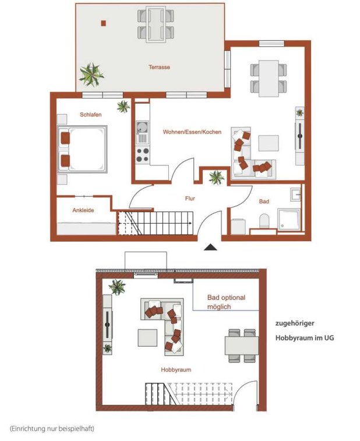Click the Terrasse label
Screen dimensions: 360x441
(159, 67)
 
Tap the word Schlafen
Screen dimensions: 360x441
(90, 115)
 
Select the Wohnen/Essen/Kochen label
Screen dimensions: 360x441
(192, 132)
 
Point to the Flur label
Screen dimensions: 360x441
(190, 199)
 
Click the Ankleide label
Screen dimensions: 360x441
(83, 210)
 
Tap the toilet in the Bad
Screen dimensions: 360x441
(264, 221)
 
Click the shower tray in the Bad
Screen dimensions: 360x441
(289, 220)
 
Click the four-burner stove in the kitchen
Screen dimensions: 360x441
(142, 155)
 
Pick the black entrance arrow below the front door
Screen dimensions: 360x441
(210, 247)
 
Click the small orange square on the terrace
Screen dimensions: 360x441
(104, 23)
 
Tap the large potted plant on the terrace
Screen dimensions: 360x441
(91, 74)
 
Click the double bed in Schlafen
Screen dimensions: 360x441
(82, 149)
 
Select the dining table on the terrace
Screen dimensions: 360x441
(156, 24)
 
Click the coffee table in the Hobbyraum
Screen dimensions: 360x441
(147, 338)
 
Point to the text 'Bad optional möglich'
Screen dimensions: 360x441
(226, 302)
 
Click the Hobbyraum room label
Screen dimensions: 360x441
(176, 370)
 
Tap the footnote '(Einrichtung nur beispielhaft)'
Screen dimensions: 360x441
(52, 429)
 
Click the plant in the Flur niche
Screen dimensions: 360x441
(216, 178)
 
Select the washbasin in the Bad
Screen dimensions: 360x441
(296, 195)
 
